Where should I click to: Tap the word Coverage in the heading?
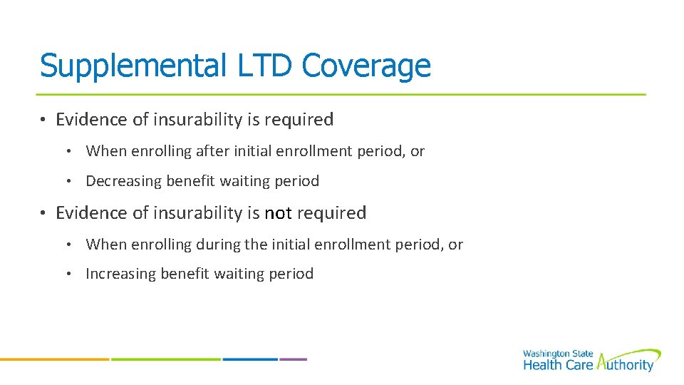366,66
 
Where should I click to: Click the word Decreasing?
123,181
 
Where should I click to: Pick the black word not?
279,213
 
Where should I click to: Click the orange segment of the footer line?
54,359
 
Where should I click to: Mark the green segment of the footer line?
166,359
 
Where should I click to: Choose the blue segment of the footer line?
250,359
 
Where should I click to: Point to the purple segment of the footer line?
294,359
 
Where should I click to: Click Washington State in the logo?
556,354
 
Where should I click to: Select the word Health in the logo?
541,365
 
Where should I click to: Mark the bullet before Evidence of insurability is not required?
43,213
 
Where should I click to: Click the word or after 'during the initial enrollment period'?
455,245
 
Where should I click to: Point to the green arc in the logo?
634,353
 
